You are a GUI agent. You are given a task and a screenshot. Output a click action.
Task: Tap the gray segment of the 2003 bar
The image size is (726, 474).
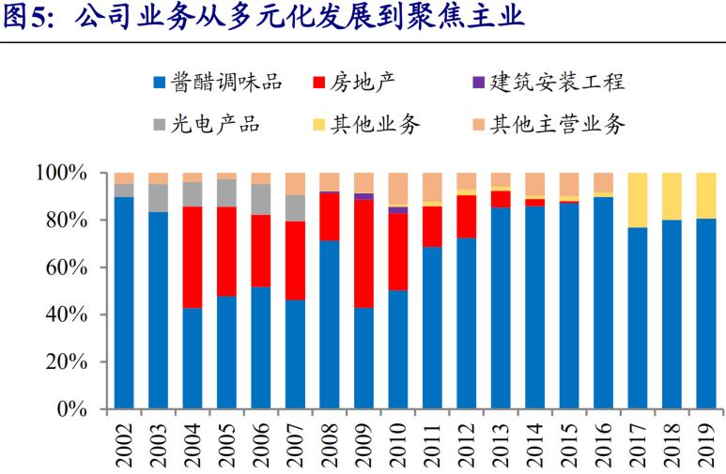158,198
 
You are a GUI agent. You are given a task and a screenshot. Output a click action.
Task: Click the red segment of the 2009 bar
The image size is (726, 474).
363,253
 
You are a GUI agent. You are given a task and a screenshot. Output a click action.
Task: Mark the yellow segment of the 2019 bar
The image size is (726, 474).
706,195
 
